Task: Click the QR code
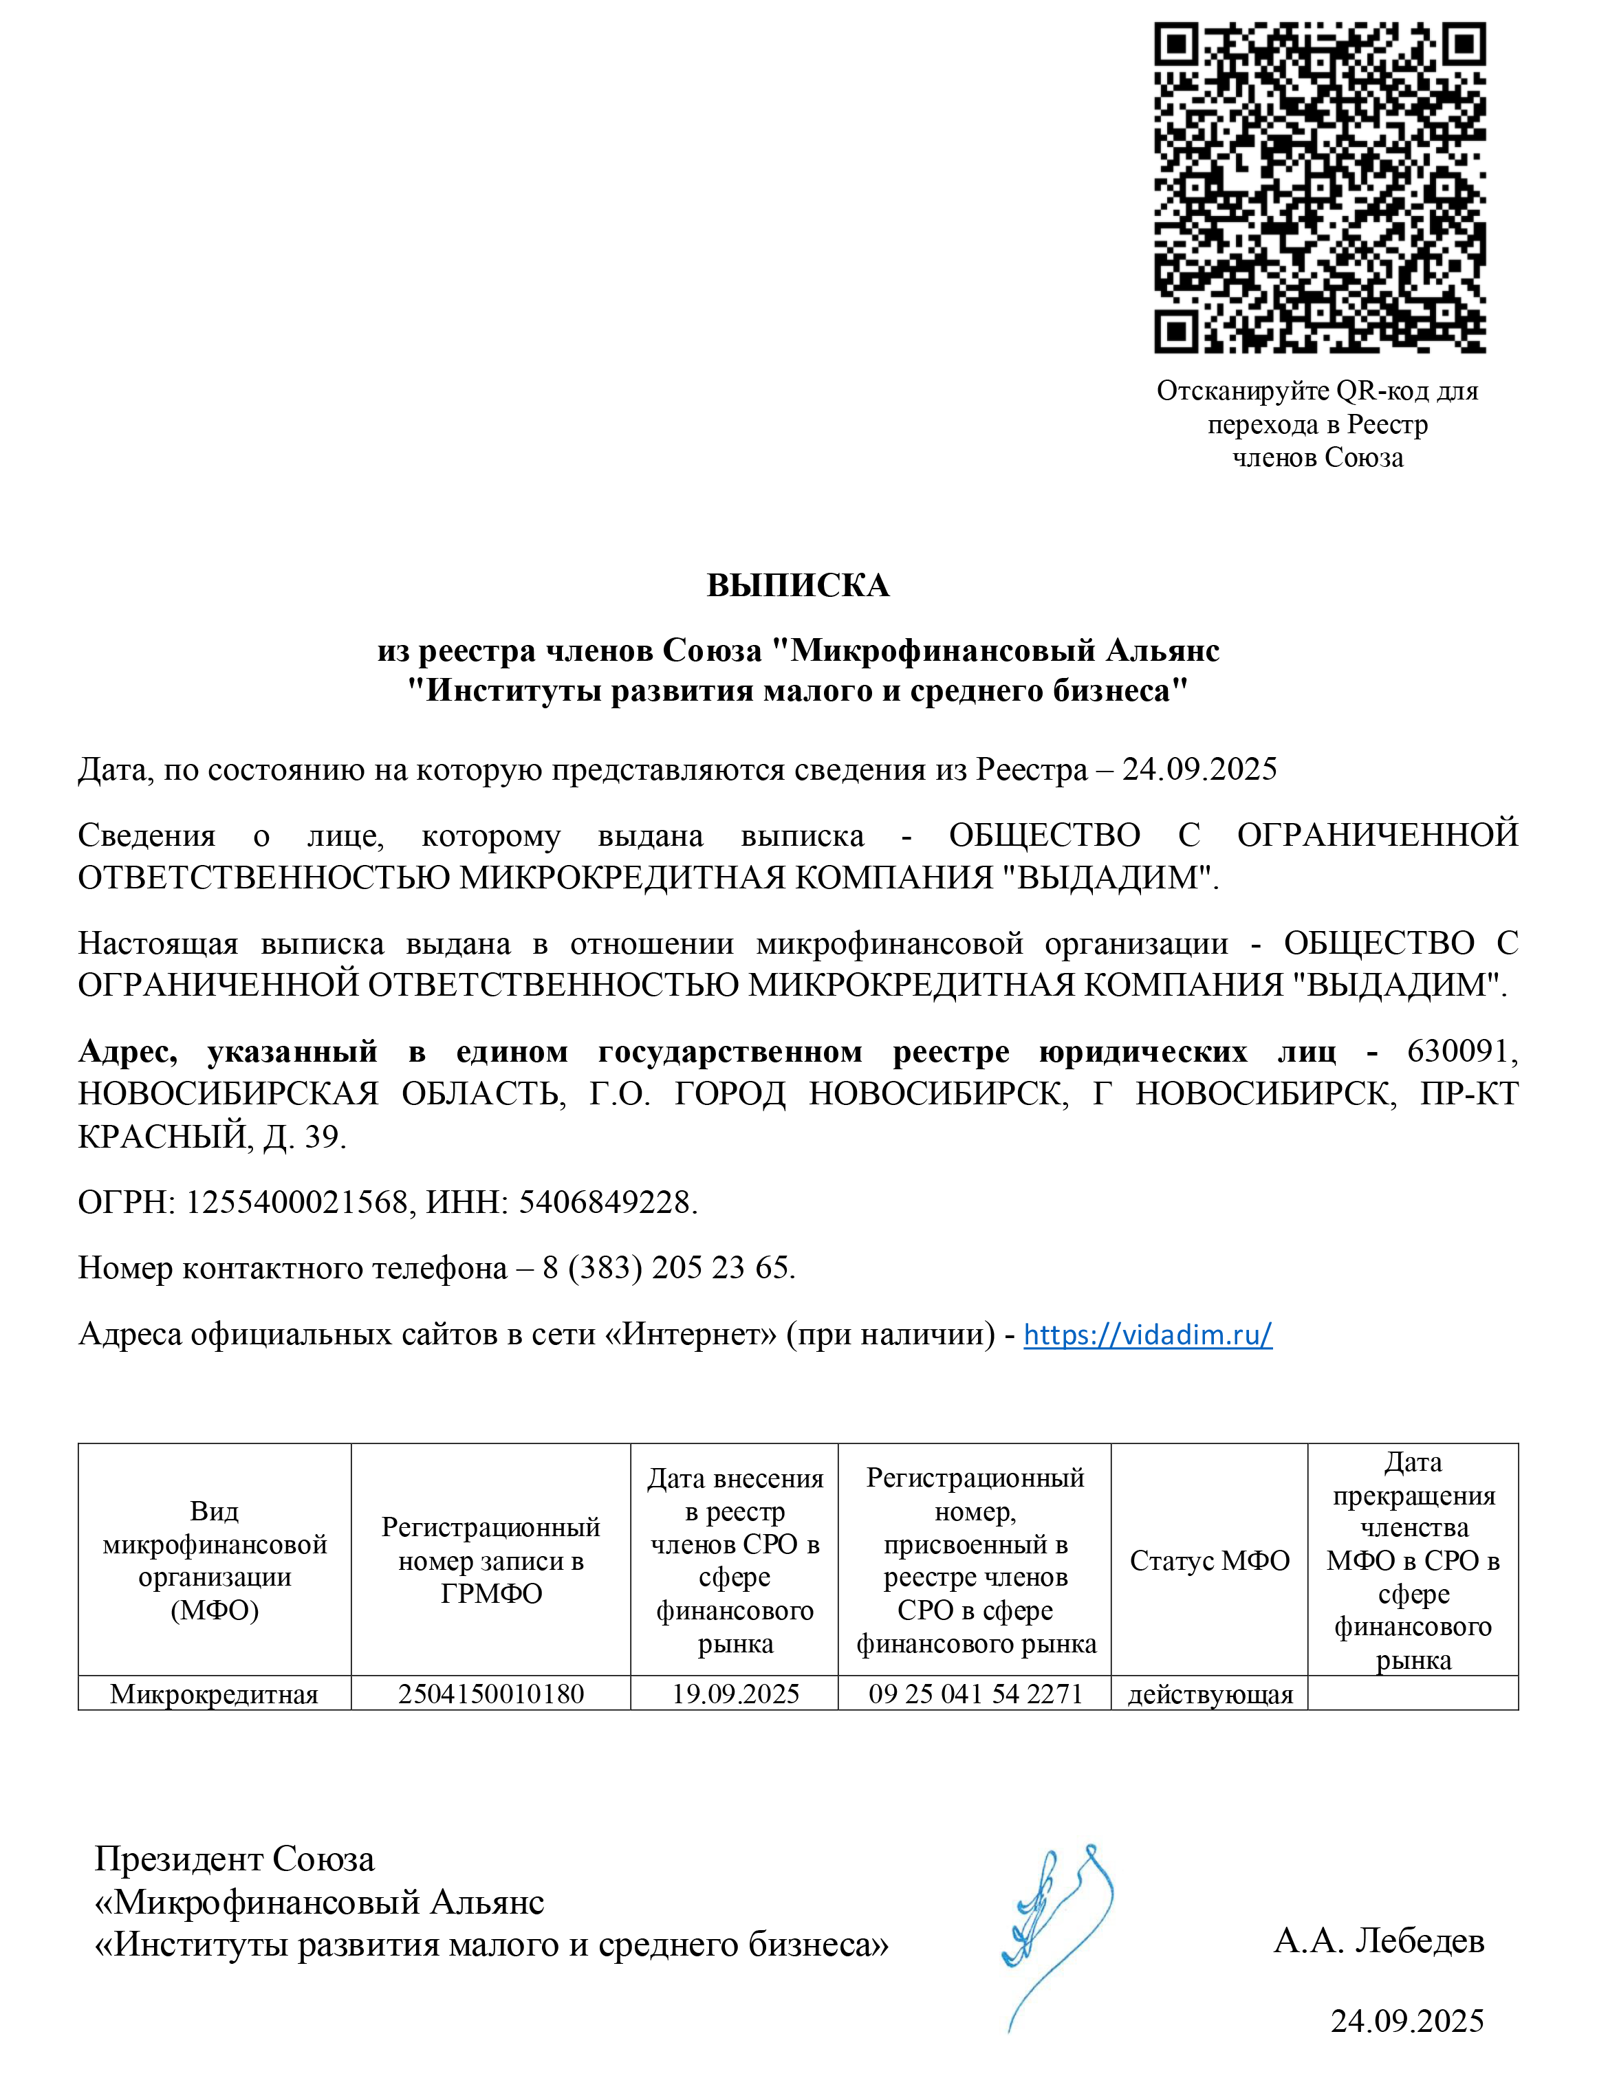1319,187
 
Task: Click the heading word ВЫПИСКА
798,585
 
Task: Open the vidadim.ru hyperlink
1147,1335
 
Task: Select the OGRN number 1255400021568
296,1202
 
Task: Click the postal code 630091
1459,1051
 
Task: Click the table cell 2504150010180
490,1694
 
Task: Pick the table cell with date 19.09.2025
735,1694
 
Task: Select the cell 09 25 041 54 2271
975,1694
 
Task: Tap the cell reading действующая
1210,1694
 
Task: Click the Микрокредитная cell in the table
214,1694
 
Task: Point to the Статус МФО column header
1209,1561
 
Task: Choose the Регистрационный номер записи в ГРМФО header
490,1561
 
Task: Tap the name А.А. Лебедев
1378,1940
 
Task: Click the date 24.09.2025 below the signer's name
1407,2020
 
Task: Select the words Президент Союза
235,1859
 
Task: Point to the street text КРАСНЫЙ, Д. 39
211,1137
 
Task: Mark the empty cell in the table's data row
1413,1694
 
